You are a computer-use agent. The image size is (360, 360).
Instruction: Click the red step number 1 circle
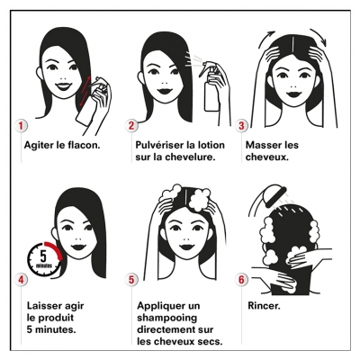point(21,126)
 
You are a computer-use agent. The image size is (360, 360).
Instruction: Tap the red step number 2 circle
point(131,126)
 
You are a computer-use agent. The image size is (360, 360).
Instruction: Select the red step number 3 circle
point(241,126)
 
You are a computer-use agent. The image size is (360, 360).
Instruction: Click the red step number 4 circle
point(21,280)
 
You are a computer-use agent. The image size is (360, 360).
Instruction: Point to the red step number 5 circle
point(131,280)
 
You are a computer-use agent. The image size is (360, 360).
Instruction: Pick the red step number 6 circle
point(241,280)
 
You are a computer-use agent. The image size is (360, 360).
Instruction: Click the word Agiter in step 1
point(39,146)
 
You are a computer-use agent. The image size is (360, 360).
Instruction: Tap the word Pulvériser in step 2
point(159,145)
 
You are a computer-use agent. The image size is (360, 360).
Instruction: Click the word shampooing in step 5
point(167,319)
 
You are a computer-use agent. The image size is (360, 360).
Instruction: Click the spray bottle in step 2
point(211,87)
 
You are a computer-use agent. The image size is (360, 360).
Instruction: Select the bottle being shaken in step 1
point(90,103)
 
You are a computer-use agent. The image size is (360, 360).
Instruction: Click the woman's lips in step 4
point(78,247)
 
